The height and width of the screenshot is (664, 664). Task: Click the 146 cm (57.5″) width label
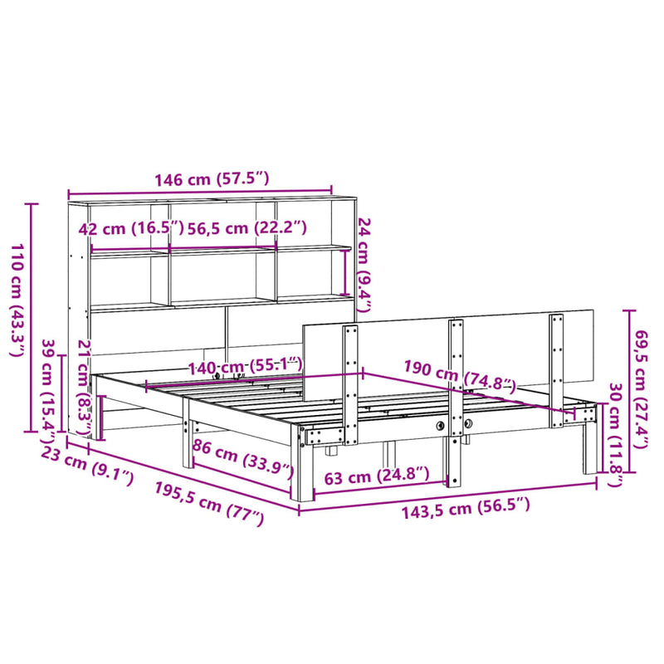click(199, 178)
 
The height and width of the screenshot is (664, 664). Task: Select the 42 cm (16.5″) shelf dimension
click(124, 230)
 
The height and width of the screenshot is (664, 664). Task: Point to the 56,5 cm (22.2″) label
click(247, 230)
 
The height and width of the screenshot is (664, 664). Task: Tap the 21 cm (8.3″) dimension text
click(83, 386)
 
